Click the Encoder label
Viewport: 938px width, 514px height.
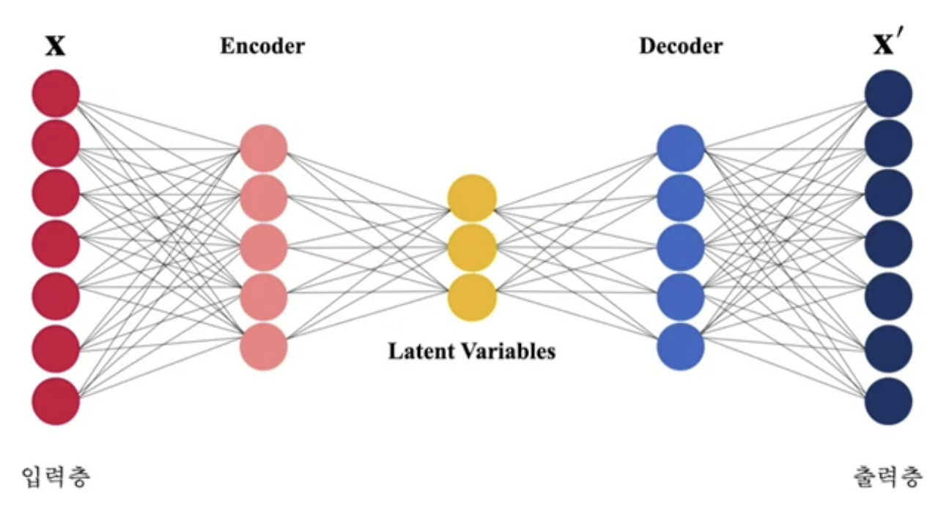click(262, 46)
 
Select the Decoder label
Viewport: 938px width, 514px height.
click(681, 46)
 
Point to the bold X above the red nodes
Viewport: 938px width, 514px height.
click(55, 47)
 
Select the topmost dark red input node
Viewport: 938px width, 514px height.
click(55, 93)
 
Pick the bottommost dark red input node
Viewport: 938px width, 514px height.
click(55, 401)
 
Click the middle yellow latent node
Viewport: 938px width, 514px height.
click(473, 248)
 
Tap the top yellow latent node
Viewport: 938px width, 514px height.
click(473, 198)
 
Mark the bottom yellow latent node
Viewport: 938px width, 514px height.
click(473, 297)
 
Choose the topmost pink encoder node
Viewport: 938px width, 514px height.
click(264, 149)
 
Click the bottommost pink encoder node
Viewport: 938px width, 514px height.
click(264, 347)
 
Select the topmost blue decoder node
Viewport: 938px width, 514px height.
click(681, 149)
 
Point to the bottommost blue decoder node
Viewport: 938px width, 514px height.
click(681, 347)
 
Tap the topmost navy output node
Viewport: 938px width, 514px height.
click(889, 93)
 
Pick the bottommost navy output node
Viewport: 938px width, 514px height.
click(889, 401)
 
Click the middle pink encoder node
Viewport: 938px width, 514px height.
click(264, 248)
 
